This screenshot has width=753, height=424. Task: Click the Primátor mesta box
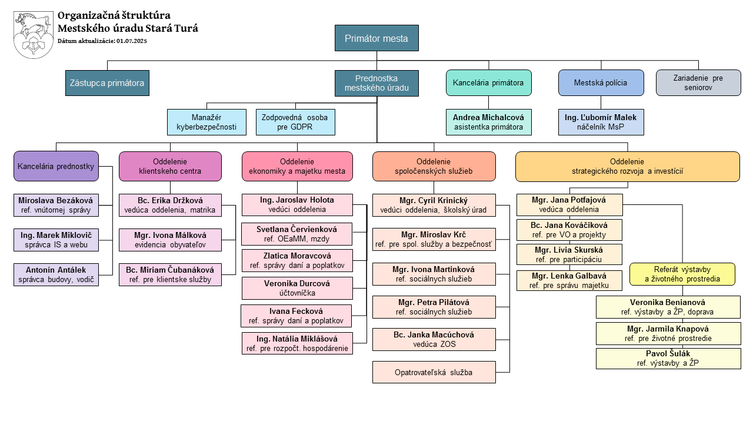pyautogui.click(x=376, y=39)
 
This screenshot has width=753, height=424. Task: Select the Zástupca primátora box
pyautogui.click(x=107, y=83)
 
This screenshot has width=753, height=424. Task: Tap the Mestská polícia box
pyautogui.click(x=601, y=83)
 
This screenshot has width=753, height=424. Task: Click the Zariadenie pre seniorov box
pyautogui.click(x=698, y=83)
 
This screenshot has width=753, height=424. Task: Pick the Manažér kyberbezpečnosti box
pyautogui.click(x=206, y=122)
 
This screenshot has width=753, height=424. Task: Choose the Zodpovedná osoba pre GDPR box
pyautogui.click(x=295, y=122)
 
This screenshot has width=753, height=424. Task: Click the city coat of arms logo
pyautogui.click(x=34, y=35)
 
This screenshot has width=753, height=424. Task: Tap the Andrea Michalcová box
pyautogui.click(x=488, y=122)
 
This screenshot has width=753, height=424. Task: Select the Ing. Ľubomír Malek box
pyautogui.click(x=601, y=122)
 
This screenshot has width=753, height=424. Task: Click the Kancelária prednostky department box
pyautogui.click(x=56, y=167)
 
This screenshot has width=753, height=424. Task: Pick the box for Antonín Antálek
pyautogui.click(x=56, y=275)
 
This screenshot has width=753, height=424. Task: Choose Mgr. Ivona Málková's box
pyautogui.click(x=170, y=240)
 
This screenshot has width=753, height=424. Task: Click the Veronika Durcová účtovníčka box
pyautogui.click(x=297, y=288)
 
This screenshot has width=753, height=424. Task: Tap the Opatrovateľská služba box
pyautogui.click(x=434, y=372)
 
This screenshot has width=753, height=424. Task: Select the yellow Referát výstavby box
pyautogui.click(x=682, y=274)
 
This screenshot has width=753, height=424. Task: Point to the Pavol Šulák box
pyautogui.click(x=668, y=359)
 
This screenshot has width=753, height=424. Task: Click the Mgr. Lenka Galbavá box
pyautogui.click(x=569, y=280)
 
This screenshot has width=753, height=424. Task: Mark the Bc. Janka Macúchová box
pyautogui.click(x=434, y=339)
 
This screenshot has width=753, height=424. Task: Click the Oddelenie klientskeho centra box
pyautogui.click(x=170, y=167)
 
